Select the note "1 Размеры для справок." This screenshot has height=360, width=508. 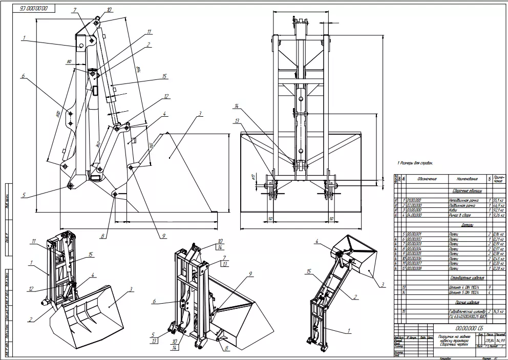415,162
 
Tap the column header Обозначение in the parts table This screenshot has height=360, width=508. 427,179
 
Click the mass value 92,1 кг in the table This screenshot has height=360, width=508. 498,210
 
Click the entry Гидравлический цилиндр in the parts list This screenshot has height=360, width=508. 466,311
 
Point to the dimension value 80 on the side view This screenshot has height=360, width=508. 68,62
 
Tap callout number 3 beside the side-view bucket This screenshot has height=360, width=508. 200,113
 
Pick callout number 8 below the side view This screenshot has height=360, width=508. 102,236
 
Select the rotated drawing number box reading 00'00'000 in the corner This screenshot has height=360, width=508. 33,9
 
